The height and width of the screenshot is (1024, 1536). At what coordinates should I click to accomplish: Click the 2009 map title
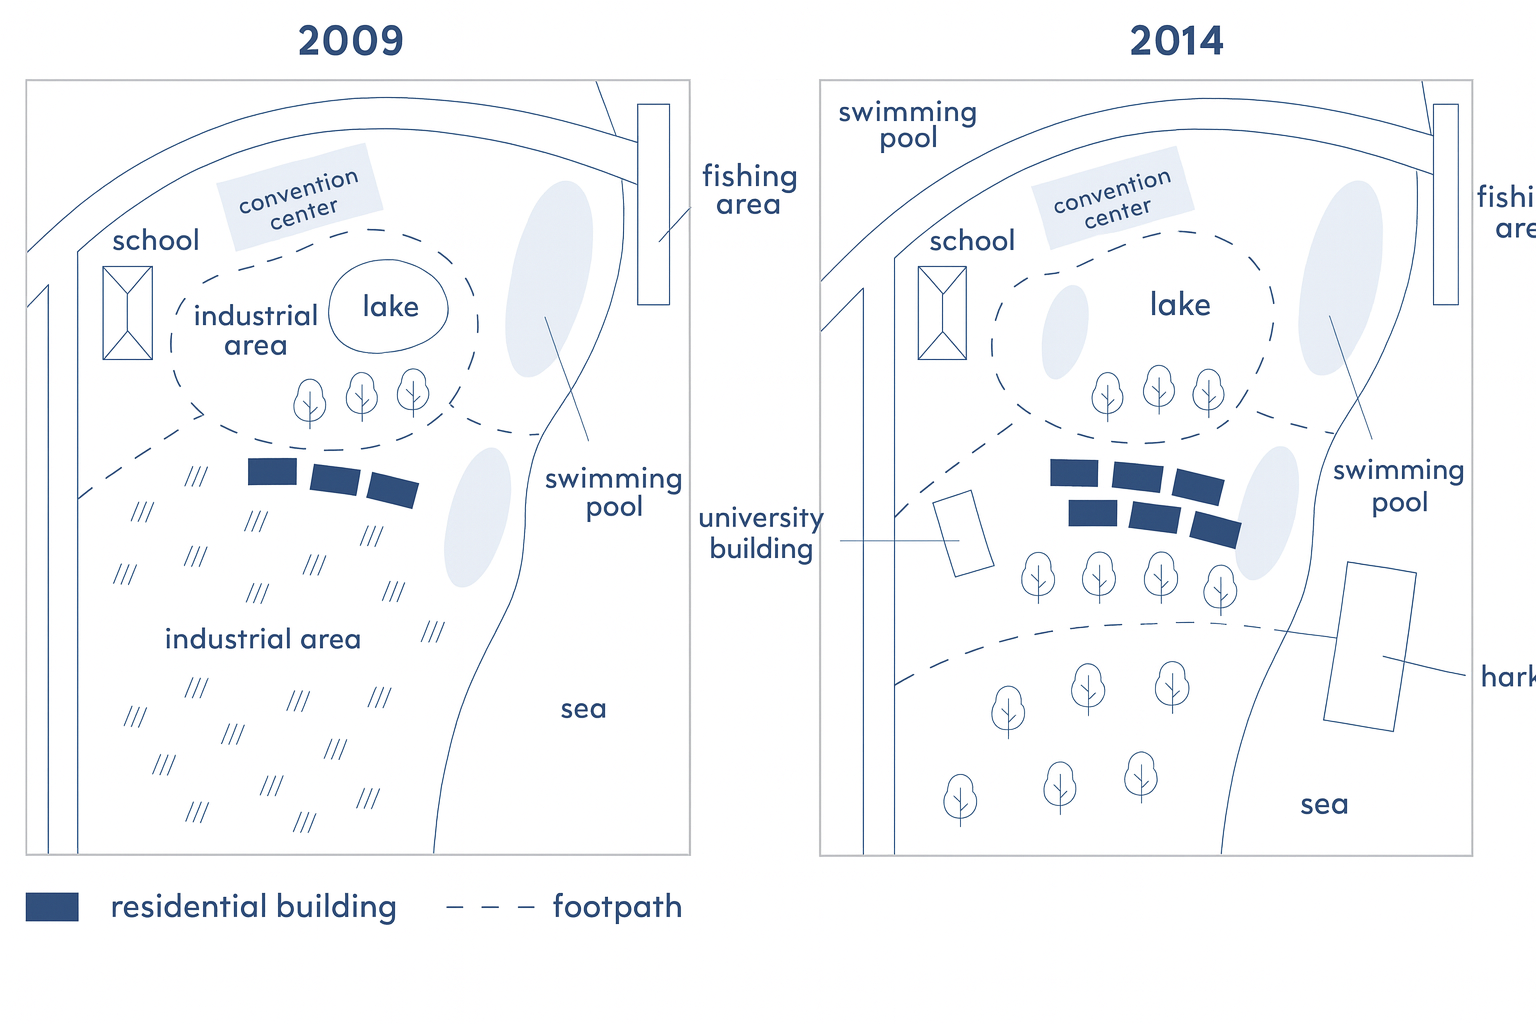click(x=351, y=41)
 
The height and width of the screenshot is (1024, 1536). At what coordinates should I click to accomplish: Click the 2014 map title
click(x=1176, y=41)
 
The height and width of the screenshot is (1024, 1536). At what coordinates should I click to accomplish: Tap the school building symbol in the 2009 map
click(x=128, y=313)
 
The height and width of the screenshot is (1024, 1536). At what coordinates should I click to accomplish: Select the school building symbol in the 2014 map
click(x=942, y=313)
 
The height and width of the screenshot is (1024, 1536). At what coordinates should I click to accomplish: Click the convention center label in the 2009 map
click(x=300, y=196)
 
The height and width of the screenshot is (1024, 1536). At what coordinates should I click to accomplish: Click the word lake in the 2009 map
click(x=390, y=307)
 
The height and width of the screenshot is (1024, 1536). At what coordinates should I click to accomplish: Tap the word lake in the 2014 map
click(x=1180, y=305)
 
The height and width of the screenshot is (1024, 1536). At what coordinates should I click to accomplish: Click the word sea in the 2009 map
click(x=583, y=709)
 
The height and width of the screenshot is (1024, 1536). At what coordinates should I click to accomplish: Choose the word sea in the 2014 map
click(x=1324, y=805)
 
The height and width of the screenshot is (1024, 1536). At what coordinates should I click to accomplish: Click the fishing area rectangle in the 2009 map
click(x=653, y=204)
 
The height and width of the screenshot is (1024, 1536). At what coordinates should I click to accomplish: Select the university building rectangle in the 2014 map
click(x=963, y=533)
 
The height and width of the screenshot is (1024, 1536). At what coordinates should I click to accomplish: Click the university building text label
click(x=761, y=533)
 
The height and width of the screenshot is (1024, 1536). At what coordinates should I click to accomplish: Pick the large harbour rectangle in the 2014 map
click(x=1369, y=647)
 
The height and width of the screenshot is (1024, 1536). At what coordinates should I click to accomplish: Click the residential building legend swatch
click(x=52, y=907)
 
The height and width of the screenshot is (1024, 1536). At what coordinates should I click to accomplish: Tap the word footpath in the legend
click(x=617, y=907)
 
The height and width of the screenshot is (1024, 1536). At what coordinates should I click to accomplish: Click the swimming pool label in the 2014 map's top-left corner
click(x=907, y=125)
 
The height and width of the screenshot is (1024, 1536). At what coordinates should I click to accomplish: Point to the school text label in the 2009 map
click(x=155, y=241)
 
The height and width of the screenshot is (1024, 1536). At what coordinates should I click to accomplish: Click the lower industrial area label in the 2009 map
click(x=263, y=640)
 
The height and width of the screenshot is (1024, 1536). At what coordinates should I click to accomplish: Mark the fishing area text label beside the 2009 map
click(x=749, y=190)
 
